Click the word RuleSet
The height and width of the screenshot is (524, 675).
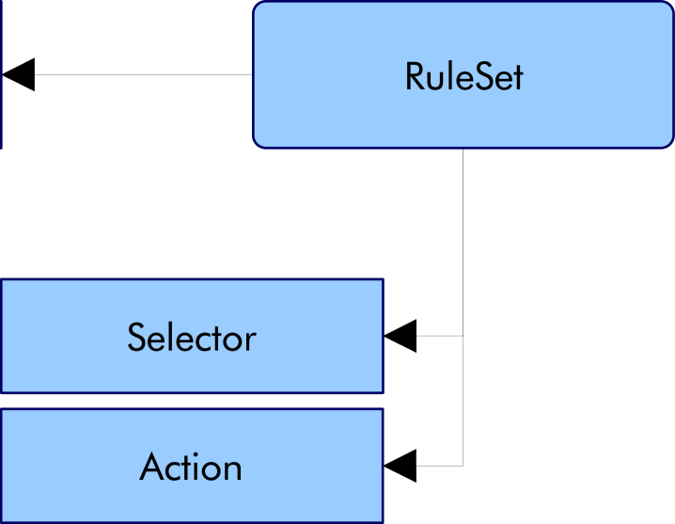point(463,76)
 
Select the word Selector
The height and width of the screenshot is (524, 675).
point(191,338)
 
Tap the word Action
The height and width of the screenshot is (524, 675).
point(191,468)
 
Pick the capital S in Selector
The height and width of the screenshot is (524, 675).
point(137,338)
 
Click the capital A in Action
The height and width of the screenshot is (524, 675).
point(151,468)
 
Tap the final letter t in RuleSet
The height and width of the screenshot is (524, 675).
point(516,77)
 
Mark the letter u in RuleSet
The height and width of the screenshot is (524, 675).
point(434,79)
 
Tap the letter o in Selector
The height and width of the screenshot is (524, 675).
point(232,341)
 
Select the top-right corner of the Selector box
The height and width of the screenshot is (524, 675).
point(382,280)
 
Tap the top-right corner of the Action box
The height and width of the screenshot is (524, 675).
point(382,410)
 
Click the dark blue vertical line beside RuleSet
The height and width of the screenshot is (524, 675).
point(1,74)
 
